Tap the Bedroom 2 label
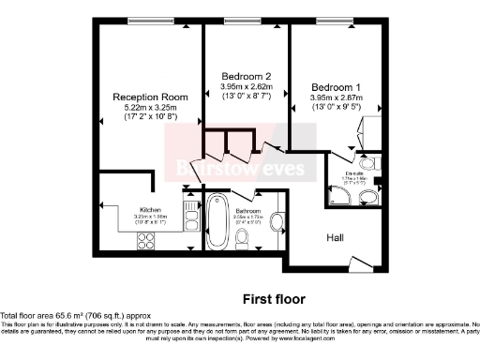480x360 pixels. coord(246,76)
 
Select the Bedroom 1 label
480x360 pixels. coord(335,86)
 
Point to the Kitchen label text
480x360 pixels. coord(151,210)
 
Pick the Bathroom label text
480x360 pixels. coord(248,212)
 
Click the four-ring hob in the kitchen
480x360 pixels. coord(148,239)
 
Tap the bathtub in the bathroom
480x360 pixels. coord(217,221)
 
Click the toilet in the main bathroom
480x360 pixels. coord(244,240)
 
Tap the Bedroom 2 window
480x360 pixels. coord(246,21)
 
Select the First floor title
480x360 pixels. coord(274,299)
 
